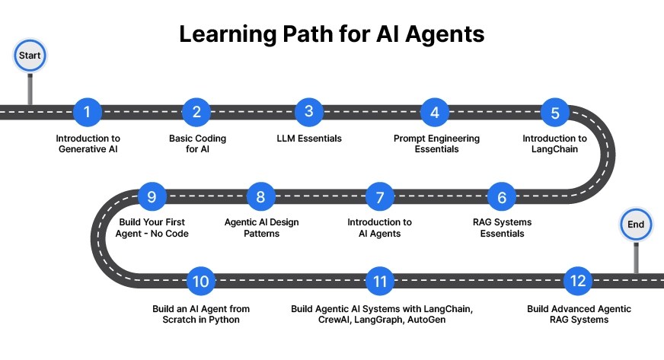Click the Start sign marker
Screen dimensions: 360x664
pos(30,56)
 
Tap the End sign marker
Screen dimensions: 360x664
pos(635,224)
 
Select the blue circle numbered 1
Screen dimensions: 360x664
pos(88,113)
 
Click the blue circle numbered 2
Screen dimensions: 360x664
pos(196,113)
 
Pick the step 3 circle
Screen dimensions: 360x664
pos(308,113)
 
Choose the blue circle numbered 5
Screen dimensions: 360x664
pos(555,113)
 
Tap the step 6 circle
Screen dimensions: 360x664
pos(502,197)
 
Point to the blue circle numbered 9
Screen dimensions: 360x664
pos(152,197)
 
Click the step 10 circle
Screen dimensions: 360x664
pos(201,282)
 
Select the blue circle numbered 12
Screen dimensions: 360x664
pos(578,282)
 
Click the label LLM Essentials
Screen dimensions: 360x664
pos(308,139)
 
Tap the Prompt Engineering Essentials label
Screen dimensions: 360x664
pos(436,144)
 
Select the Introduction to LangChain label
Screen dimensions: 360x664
pos(554,144)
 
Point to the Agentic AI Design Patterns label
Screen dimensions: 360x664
pos(261,228)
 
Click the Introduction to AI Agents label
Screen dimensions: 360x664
pos(379,228)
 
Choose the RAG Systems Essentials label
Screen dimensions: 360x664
pos(502,228)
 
